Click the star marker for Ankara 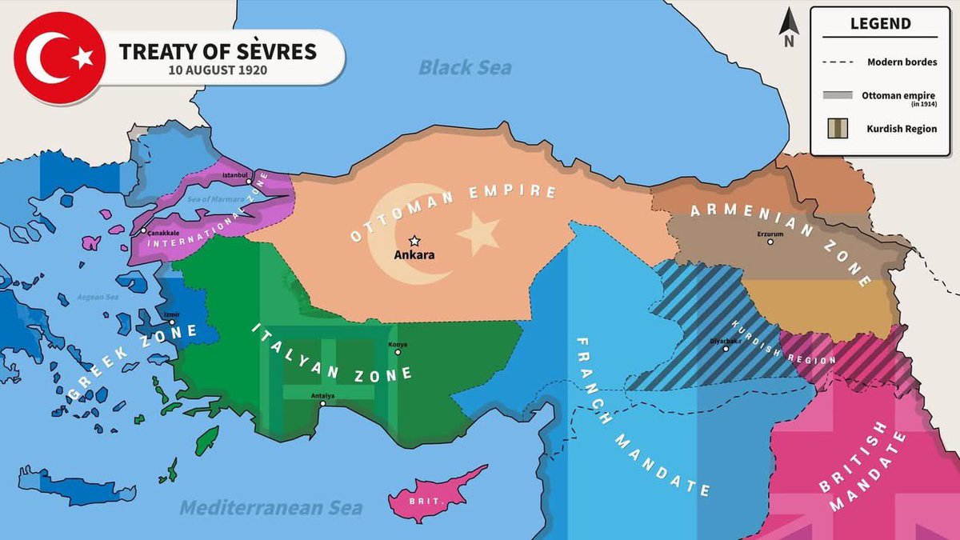click(414, 240)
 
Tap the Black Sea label click(465, 67)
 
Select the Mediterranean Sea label click(270, 507)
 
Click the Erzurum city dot click(770, 241)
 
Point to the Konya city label click(398, 344)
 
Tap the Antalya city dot click(322, 404)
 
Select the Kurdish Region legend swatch click(838, 129)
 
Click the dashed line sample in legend click(837, 62)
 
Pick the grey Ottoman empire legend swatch click(838, 95)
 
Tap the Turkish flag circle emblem click(58, 58)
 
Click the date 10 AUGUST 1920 click(217, 70)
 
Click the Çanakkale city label click(162, 232)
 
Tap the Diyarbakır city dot click(726, 349)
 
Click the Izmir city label click(171, 314)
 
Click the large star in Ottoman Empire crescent click(478, 234)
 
